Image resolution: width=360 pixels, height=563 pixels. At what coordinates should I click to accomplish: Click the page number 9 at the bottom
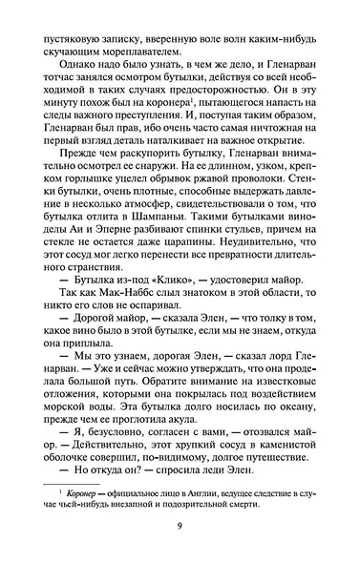click(x=180, y=532)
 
